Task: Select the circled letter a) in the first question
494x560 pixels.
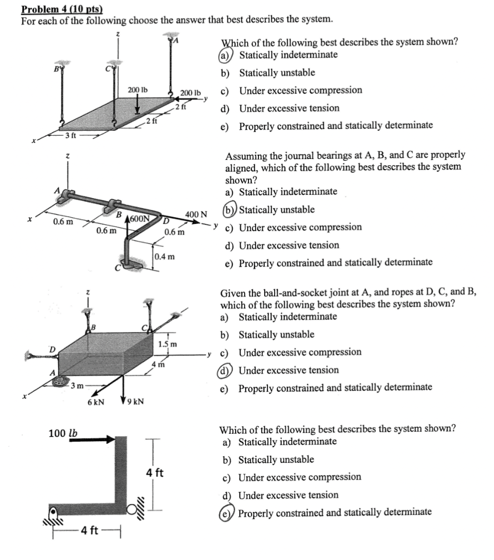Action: (224, 55)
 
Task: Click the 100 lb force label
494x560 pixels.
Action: (63, 433)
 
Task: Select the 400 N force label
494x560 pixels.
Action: (197, 215)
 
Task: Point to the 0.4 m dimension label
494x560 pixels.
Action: (165, 257)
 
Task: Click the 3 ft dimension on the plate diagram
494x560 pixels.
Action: (70, 136)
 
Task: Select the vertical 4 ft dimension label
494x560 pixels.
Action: (155, 473)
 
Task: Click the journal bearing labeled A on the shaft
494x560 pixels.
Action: (67, 196)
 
